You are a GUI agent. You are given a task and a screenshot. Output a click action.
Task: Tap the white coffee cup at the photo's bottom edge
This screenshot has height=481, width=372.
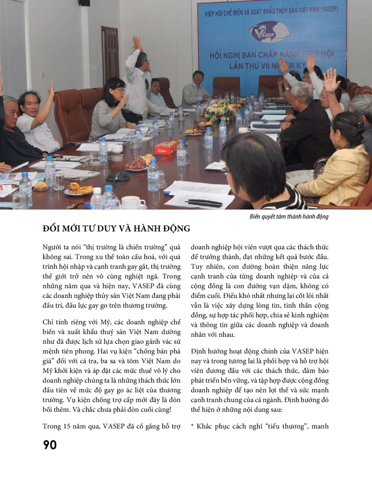(132, 202)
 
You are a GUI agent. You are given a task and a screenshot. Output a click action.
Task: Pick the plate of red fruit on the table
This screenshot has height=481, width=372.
(136, 164)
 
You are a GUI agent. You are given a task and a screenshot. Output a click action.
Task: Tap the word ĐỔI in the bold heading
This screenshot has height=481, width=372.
(54, 229)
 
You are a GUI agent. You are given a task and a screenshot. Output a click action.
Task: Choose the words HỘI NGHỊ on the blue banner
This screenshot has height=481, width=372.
(229, 54)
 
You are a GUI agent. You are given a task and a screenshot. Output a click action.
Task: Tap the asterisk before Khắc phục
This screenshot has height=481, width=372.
(193, 426)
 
